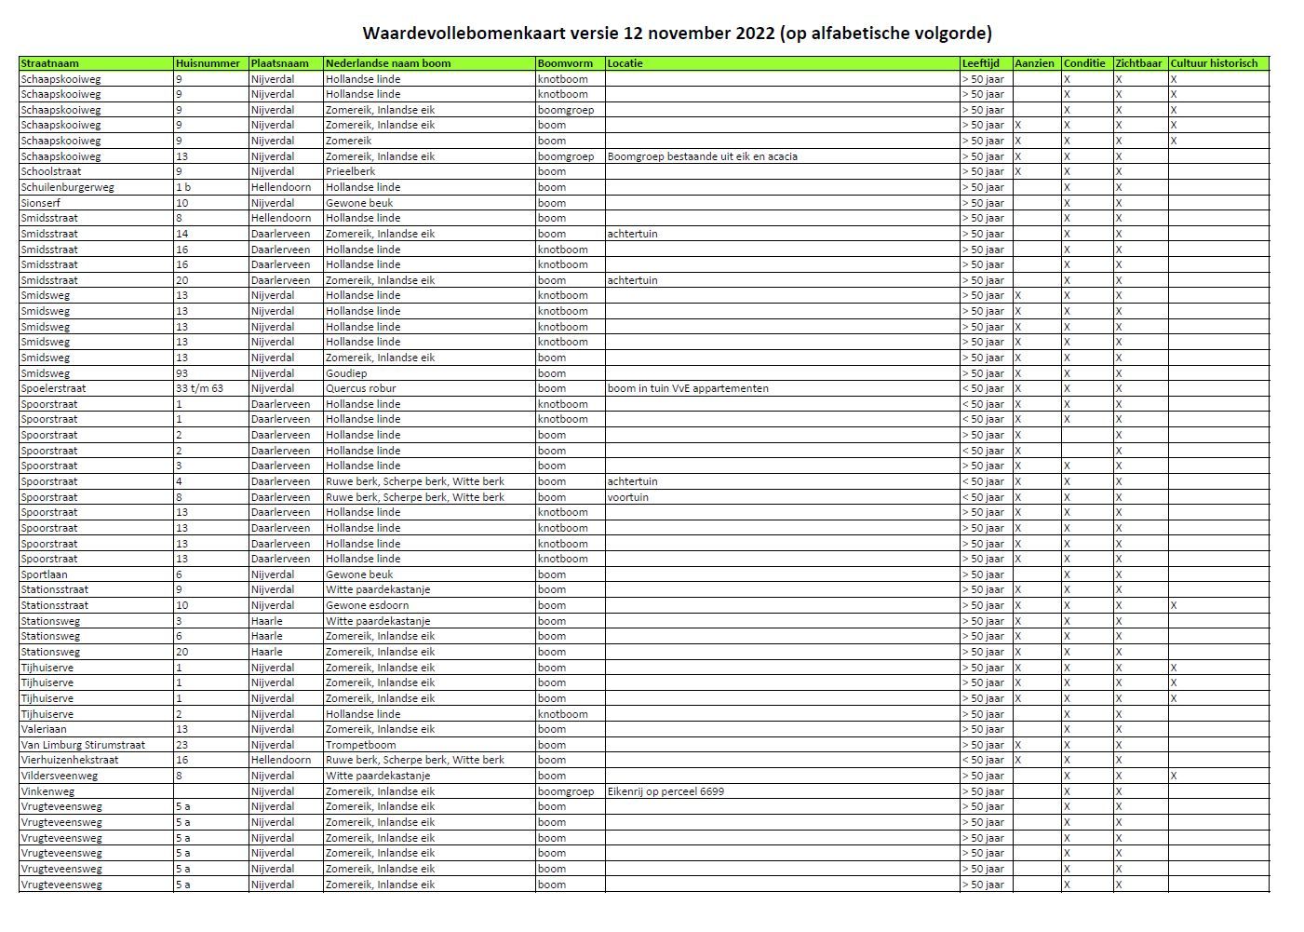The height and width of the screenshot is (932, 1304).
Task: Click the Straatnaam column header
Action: click(x=50, y=63)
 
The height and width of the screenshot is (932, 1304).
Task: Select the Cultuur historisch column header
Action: click(x=1214, y=63)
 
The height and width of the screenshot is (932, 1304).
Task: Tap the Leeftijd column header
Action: click(x=981, y=63)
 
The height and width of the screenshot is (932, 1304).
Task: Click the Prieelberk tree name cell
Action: click(x=351, y=171)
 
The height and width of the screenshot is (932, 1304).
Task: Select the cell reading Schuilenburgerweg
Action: click(x=67, y=187)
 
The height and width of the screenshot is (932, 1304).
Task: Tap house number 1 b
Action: click(x=183, y=187)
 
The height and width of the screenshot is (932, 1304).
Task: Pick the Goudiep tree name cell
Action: click(x=346, y=373)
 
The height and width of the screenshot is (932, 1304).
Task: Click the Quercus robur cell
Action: click(x=360, y=388)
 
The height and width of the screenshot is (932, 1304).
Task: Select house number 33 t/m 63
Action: click(x=199, y=388)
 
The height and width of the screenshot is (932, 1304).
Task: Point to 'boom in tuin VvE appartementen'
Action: click(x=688, y=388)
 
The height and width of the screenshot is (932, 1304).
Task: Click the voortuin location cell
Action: click(x=628, y=497)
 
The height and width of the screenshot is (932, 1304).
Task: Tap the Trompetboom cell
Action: click(x=360, y=745)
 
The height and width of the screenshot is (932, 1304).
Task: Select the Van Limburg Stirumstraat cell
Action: click(x=83, y=745)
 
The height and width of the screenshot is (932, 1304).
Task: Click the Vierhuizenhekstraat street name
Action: click(x=70, y=760)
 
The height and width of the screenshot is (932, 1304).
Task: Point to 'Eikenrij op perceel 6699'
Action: click(x=665, y=791)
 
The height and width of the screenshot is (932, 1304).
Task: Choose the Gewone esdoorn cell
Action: click(x=367, y=605)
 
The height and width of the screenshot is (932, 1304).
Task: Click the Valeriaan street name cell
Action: click(x=44, y=729)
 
